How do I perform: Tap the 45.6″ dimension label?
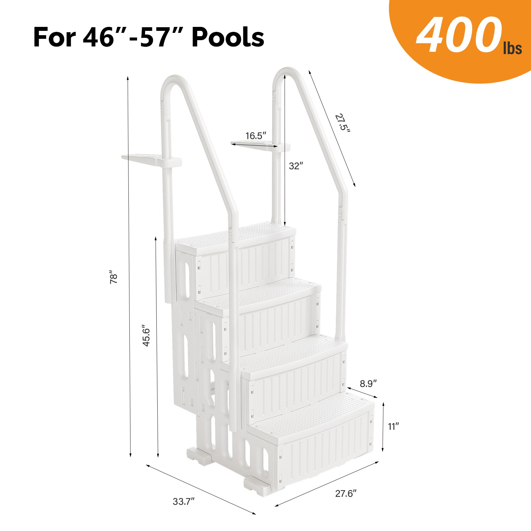pos(146,336)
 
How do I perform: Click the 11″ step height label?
pos(393,426)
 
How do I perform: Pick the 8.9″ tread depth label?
pos(368,384)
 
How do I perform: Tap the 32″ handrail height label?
pos(296,166)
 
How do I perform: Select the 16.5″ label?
pos(256,136)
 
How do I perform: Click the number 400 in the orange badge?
pos(459,36)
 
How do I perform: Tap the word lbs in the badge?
pos(512,48)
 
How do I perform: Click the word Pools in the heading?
pos(228,37)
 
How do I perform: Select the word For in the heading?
pos(54,37)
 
